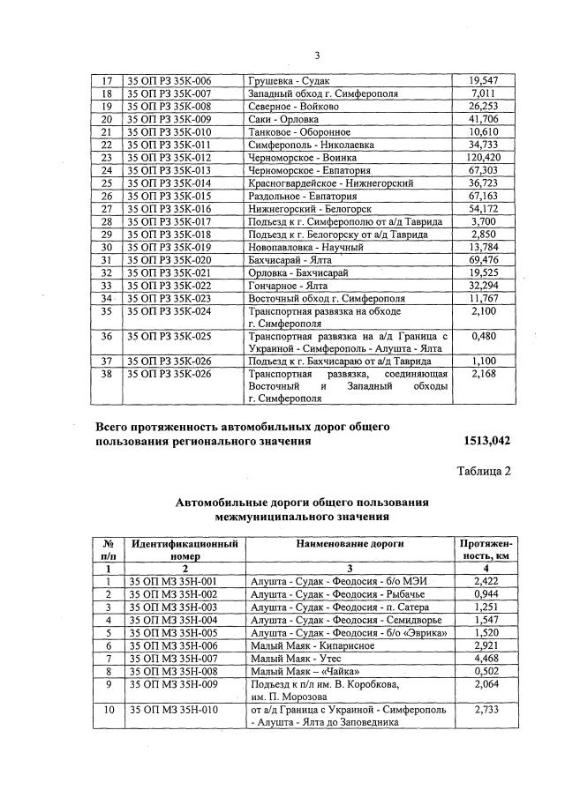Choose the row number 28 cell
point(107,221)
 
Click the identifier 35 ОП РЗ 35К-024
point(170,311)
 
